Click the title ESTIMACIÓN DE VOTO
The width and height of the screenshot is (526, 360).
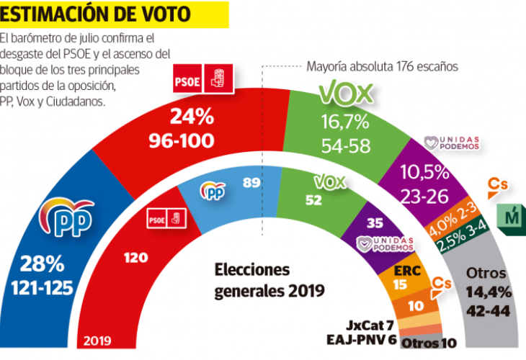pyautogui.click(x=97, y=13)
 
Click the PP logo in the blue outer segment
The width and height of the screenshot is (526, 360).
pyautogui.click(x=69, y=214)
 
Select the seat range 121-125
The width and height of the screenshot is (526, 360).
pyautogui.click(x=43, y=288)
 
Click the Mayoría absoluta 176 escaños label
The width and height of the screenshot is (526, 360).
pyautogui.click(x=383, y=66)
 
